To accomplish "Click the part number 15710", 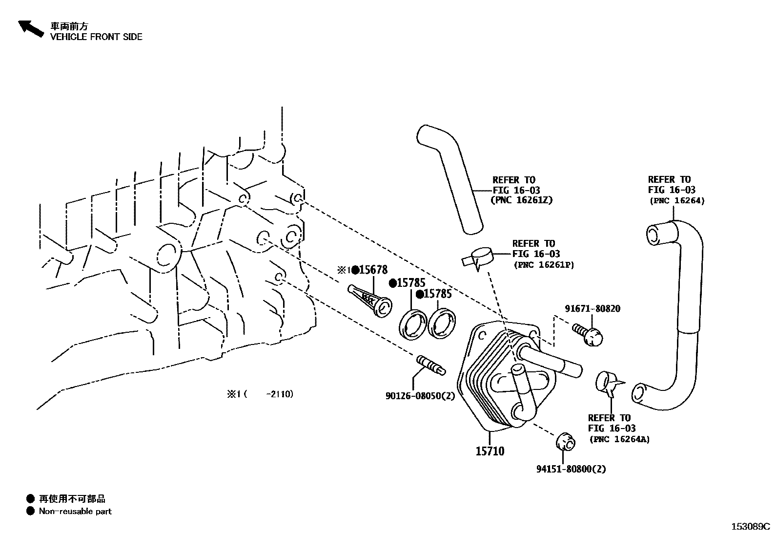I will [490, 451].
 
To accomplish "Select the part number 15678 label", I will [373, 270].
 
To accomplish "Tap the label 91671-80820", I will [593, 309].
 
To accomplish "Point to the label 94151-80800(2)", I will [571, 469].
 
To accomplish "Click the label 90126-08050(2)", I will [420, 396].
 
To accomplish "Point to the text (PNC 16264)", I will [677, 200].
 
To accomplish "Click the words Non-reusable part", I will [75, 512].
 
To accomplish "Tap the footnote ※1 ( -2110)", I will [260, 394].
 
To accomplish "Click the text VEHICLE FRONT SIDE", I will [96, 37].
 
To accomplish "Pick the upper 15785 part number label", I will [410, 283].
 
